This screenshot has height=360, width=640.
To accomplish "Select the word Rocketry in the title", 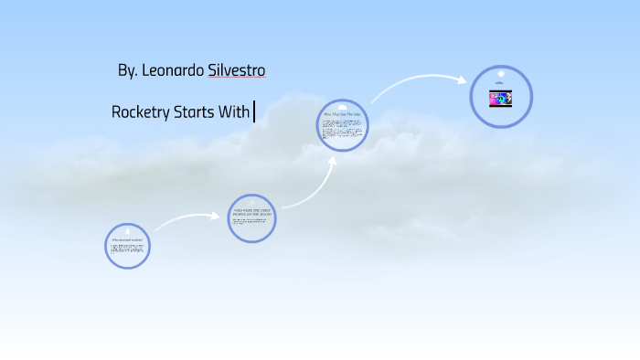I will [x=140, y=113].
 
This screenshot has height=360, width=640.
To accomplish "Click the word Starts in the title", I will [x=196, y=113].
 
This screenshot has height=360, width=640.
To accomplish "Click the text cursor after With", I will [x=254, y=113].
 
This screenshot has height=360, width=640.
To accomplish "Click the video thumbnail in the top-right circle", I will [x=501, y=99].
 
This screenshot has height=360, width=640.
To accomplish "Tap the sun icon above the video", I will [x=501, y=73].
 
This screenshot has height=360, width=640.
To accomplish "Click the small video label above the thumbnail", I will [x=500, y=85].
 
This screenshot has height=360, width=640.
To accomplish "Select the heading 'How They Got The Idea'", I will [x=343, y=115].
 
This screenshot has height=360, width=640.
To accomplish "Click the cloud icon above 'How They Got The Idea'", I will [x=343, y=106].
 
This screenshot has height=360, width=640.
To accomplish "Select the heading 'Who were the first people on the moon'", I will [x=251, y=212].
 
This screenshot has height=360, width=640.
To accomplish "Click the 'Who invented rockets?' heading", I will [x=127, y=239].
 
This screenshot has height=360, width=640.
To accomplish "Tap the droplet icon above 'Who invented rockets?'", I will [x=127, y=230].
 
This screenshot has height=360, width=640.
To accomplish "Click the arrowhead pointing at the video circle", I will [x=462, y=80].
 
